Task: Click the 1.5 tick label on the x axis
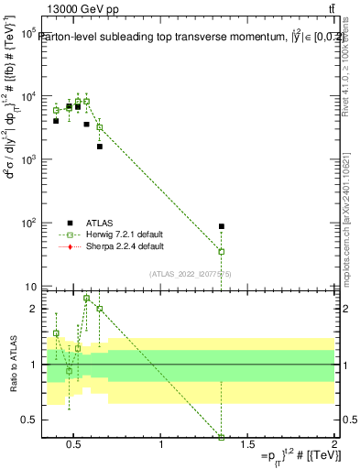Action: point(247,445)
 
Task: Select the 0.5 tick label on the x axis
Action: point(74,445)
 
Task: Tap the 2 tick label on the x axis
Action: point(333,445)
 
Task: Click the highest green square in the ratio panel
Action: point(86,298)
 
